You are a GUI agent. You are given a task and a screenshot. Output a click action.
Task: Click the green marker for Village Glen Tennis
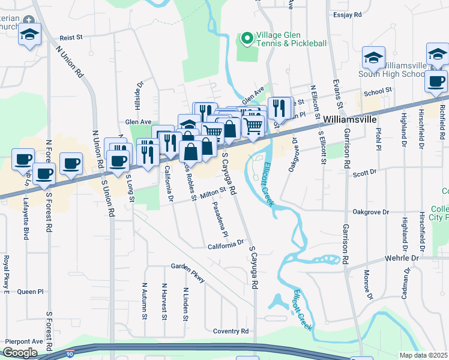pos(246,39)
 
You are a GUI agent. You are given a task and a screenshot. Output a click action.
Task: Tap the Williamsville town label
pos(351,119)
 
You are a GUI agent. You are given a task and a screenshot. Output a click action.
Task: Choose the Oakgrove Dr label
pos(371,212)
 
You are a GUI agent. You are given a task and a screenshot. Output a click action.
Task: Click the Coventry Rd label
pos(231,331)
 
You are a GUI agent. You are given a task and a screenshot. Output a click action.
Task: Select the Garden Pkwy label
pos(187,271)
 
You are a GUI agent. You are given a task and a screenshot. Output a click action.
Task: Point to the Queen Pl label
pos(31,292)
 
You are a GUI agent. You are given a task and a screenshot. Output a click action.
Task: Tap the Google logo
pos(20,353)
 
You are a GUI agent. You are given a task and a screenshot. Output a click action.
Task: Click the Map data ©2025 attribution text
pos(423,355)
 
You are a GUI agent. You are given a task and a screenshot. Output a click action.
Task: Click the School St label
pos(377,90)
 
